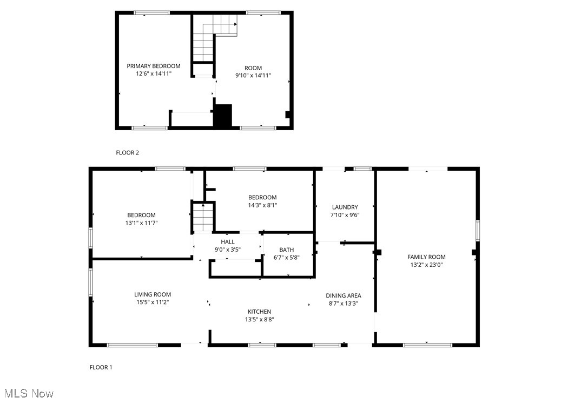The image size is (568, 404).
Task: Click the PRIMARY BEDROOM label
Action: [x=154, y=66]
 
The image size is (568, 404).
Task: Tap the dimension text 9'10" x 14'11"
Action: [x=253, y=76]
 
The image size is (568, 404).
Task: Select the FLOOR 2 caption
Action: [x=128, y=153]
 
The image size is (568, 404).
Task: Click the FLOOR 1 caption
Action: [x=101, y=367]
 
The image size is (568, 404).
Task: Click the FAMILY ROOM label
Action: [x=426, y=257]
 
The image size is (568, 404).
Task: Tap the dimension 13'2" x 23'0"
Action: [x=426, y=265]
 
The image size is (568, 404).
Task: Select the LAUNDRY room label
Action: [x=345, y=207]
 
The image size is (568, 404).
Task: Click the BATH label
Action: [x=286, y=250]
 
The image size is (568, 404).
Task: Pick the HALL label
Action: [x=227, y=242]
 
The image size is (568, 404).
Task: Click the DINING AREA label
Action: [x=343, y=295]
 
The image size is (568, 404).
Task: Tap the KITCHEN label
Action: [x=259, y=312]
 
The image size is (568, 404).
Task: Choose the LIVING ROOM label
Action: [x=153, y=294]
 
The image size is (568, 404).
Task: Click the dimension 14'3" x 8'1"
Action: [x=262, y=205]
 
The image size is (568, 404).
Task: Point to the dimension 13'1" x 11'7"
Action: [x=141, y=223]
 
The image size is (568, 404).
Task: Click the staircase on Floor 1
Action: [x=204, y=218]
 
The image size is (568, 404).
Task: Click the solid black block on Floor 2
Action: [x=222, y=116]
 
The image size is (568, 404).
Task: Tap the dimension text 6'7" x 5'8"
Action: [x=286, y=258]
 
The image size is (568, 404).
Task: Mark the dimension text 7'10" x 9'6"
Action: [x=345, y=214]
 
